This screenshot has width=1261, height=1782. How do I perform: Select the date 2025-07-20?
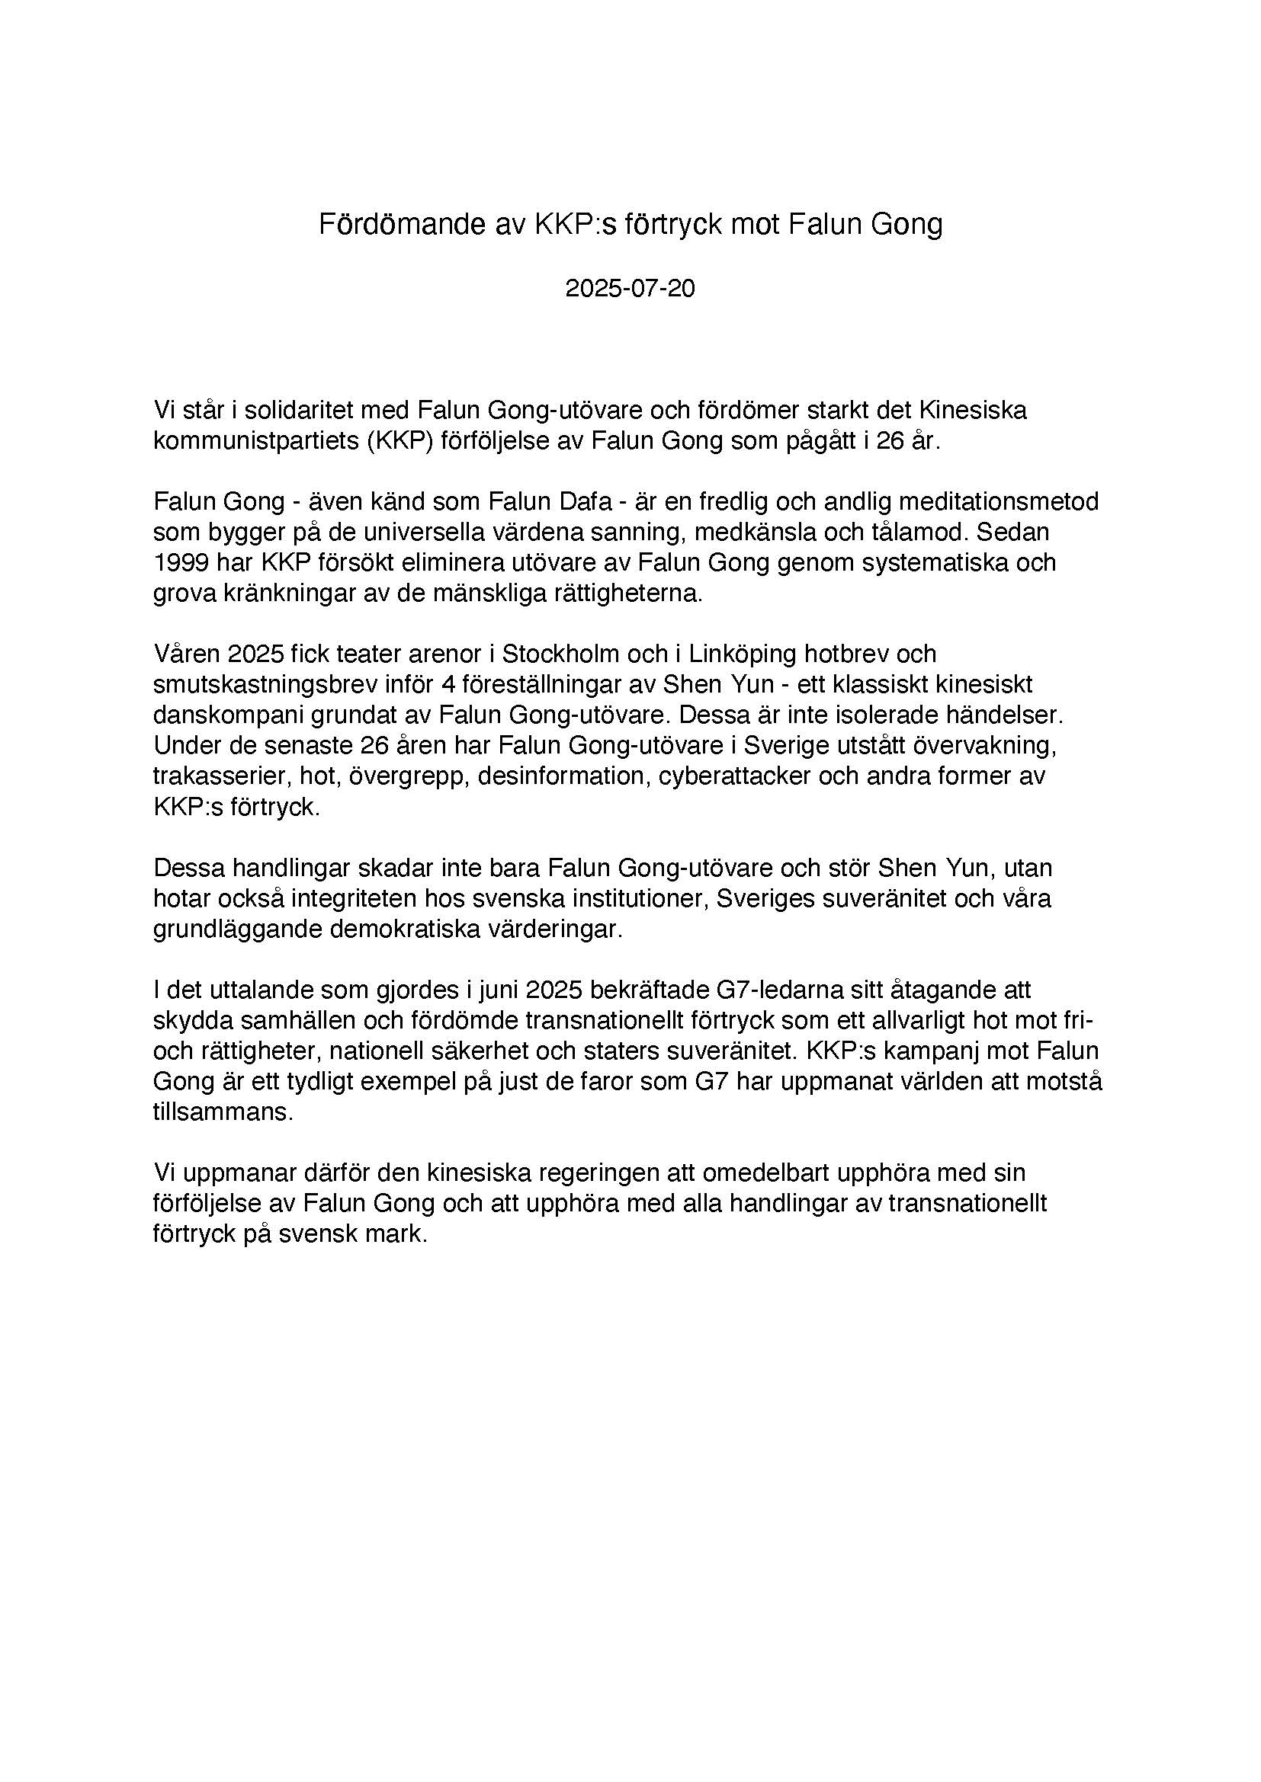pyautogui.click(x=630, y=289)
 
